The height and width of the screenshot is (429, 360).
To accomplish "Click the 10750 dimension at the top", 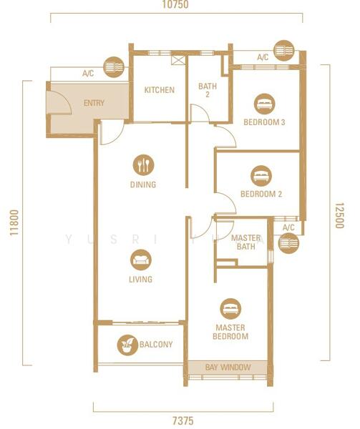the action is (x=175, y=5).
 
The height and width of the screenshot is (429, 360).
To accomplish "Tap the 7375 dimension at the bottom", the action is (x=183, y=420).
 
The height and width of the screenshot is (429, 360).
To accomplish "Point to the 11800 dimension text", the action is (x=14, y=222).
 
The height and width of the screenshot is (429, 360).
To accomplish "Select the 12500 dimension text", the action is (x=339, y=216).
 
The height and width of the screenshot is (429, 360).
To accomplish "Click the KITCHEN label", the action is (x=160, y=90).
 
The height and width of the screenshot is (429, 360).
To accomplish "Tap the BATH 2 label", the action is (x=208, y=90).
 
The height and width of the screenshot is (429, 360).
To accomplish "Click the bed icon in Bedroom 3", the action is (x=264, y=104).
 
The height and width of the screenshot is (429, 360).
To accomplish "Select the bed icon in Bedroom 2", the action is (x=261, y=176).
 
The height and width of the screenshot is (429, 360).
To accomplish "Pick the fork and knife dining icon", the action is (x=143, y=165).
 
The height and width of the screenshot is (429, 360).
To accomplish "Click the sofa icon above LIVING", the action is (x=141, y=260).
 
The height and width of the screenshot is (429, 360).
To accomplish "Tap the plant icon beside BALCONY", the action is (x=127, y=345).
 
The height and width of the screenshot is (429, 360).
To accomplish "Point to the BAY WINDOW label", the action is (x=228, y=368).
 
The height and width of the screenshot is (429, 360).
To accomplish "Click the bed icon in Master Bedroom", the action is (x=230, y=309).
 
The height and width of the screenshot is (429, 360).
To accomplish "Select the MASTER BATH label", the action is (x=245, y=242).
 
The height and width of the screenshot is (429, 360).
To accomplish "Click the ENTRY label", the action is (x=94, y=103).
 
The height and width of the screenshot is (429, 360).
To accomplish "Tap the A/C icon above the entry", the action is (x=114, y=67).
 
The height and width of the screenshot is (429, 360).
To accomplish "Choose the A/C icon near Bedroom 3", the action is (x=284, y=51).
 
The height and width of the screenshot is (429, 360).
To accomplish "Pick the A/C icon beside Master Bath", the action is (x=288, y=243).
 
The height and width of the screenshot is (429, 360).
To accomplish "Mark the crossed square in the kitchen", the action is (x=177, y=60).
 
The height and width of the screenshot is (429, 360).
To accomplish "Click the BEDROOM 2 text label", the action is (x=261, y=194).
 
